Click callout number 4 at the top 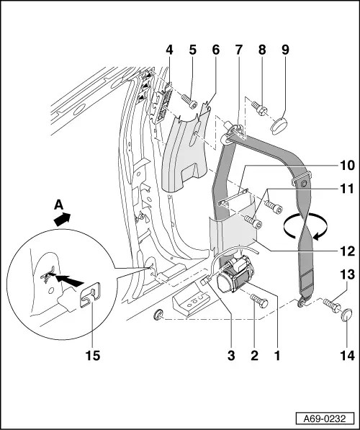(x=169, y=50)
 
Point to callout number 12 (x=348, y=251)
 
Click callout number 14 (x=348, y=355)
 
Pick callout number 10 (x=348, y=165)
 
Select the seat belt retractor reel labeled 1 (x=231, y=275)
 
